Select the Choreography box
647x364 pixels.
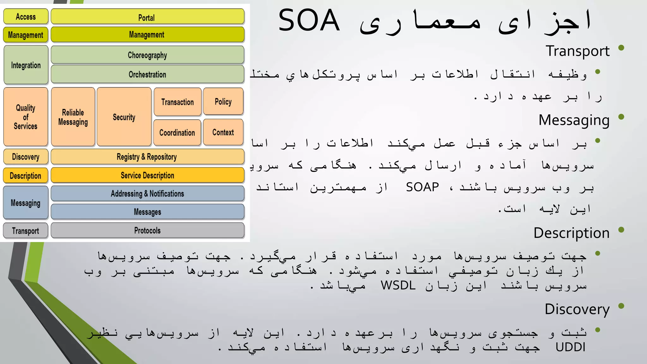(147, 55)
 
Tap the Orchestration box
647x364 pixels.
(147, 74)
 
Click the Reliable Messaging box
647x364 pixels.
(73, 117)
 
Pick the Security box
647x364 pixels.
(124, 117)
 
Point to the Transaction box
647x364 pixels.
(177, 102)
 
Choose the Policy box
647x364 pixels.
(223, 101)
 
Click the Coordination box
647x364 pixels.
(177, 132)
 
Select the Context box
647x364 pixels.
(223, 132)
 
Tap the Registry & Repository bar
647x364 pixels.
(147, 157)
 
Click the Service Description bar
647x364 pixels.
(147, 175)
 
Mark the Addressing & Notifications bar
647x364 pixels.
(147, 193)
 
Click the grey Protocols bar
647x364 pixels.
(147, 230)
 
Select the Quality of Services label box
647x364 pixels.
(26, 117)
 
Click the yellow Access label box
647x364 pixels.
(26, 16)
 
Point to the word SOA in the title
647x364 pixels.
(309, 21)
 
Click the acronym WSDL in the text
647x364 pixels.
(398, 285)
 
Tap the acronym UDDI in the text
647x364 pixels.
(570, 347)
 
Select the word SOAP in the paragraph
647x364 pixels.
(422, 187)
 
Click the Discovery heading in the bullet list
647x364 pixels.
(577, 309)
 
